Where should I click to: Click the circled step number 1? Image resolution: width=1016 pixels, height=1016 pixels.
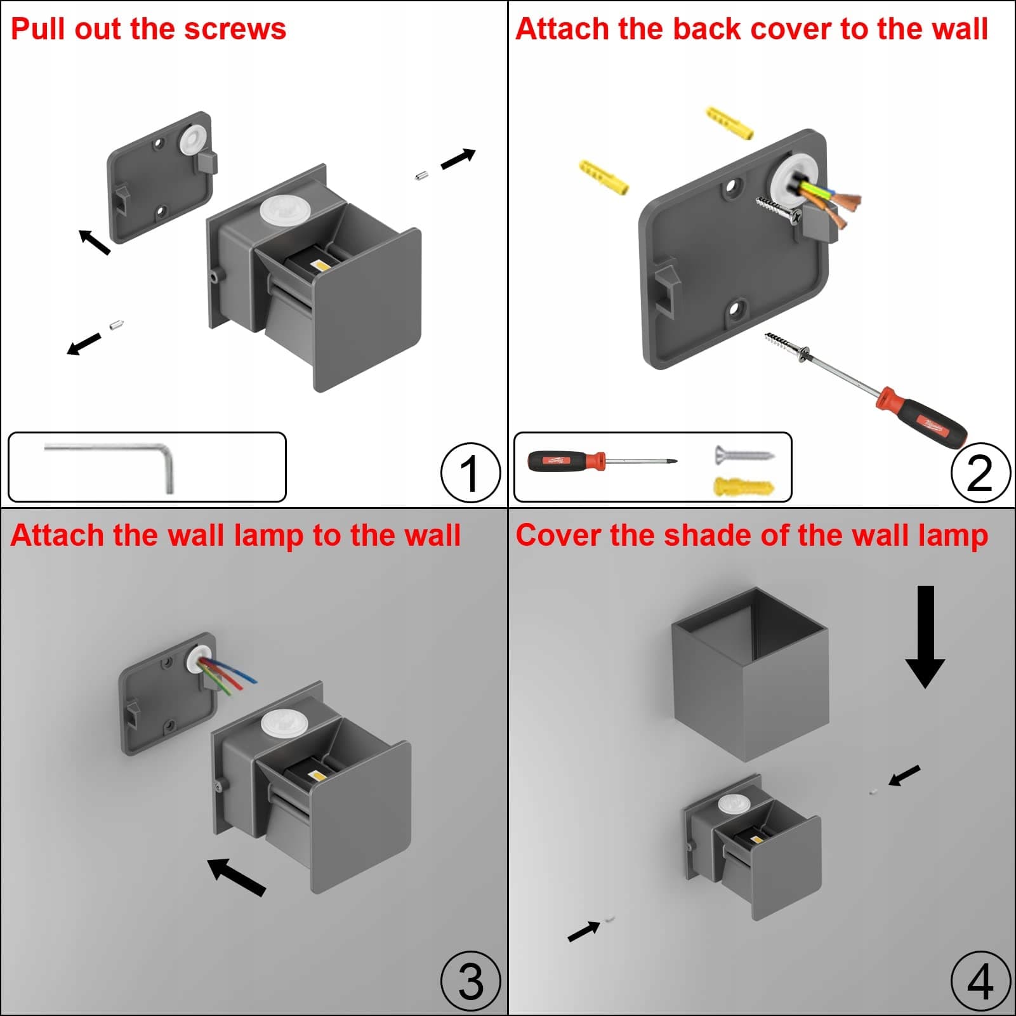470,473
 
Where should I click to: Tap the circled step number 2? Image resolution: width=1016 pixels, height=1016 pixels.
980,473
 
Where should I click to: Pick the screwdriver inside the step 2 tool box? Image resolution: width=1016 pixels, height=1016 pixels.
600,461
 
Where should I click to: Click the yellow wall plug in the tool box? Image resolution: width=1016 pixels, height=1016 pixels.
744,487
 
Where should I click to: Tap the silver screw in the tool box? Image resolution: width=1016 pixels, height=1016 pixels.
744,454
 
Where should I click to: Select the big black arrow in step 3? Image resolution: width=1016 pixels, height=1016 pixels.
236,876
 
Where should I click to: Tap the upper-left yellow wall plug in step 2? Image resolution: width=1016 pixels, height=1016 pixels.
604,177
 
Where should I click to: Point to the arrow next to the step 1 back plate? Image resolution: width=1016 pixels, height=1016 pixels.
94,242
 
